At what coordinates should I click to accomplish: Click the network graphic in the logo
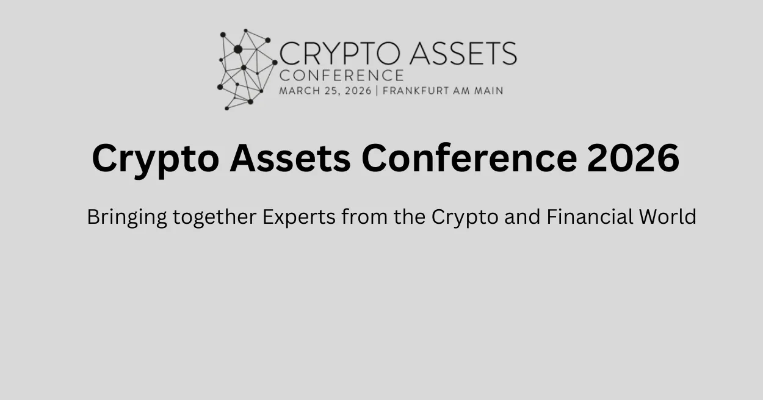point(247,69)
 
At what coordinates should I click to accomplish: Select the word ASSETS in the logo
point(463,54)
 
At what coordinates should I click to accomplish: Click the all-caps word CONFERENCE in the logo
point(341,76)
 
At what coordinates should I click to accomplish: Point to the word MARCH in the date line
point(298,91)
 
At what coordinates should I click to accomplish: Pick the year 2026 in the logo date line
point(357,91)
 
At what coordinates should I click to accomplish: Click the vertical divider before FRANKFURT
point(377,91)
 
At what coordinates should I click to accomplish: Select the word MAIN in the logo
point(490,91)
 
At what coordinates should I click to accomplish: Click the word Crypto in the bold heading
point(155,159)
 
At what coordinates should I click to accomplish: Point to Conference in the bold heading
point(469,157)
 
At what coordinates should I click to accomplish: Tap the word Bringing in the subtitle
point(126,218)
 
